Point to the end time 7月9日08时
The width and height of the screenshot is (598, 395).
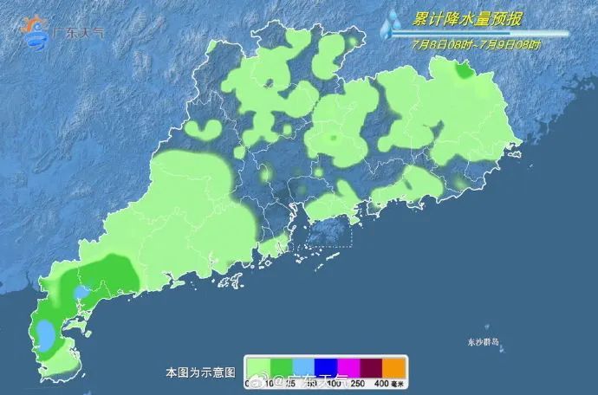(x=510, y=43)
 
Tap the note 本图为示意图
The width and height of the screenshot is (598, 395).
(x=200, y=372)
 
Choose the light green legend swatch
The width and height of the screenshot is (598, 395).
(x=258, y=367)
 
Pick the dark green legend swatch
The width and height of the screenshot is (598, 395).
(x=281, y=367)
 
